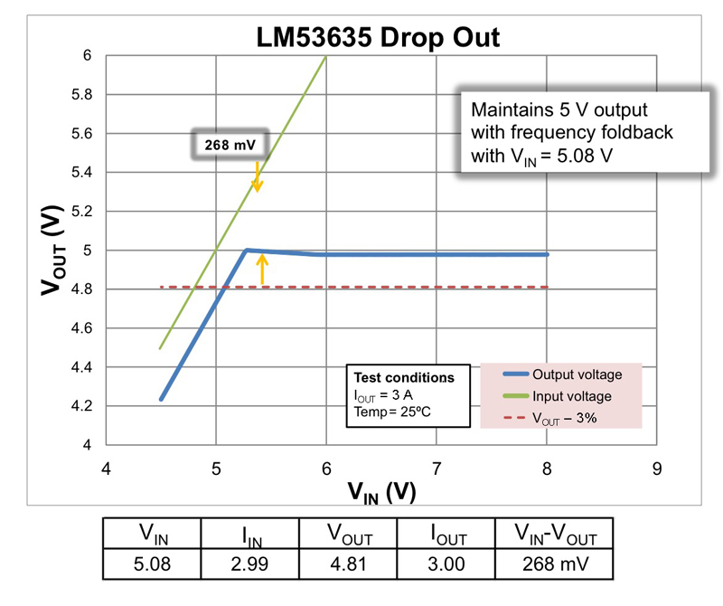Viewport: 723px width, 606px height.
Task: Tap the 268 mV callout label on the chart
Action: tap(226, 143)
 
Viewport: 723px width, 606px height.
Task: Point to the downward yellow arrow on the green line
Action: tap(258, 177)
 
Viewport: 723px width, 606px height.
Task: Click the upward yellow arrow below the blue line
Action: tap(263, 270)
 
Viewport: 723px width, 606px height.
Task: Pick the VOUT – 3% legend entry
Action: tap(566, 417)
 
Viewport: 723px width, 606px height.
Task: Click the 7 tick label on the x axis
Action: tap(437, 469)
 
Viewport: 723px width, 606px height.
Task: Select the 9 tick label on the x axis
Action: tap(657, 469)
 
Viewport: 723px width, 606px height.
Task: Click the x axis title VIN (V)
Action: tap(381, 492)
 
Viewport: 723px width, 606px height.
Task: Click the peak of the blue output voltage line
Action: tap(246, 250)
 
